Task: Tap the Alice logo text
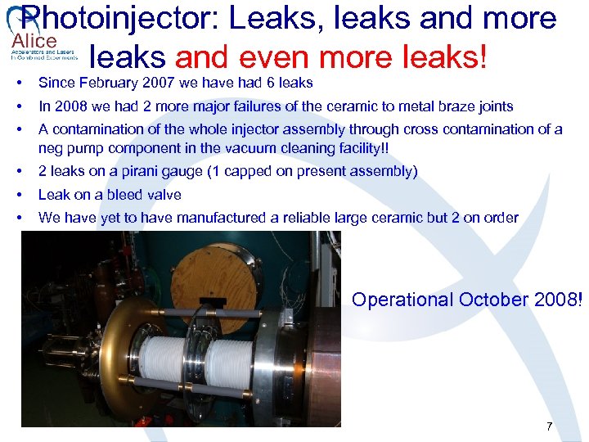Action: (34, 41)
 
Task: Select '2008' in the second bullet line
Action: (66, 106)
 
